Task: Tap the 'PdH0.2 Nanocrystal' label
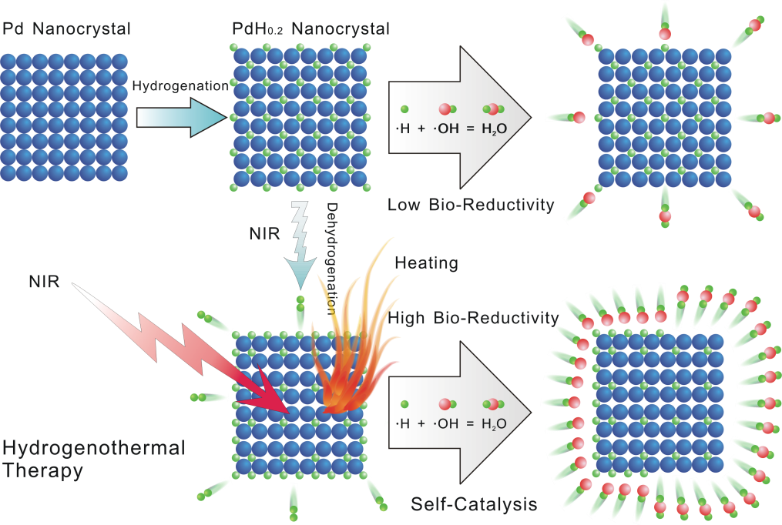tap(310, 31)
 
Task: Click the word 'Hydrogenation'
tap(180, 87)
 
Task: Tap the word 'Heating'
tap(426, 263)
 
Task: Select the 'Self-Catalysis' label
tap(474, 505)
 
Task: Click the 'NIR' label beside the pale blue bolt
tap(259, 232)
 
